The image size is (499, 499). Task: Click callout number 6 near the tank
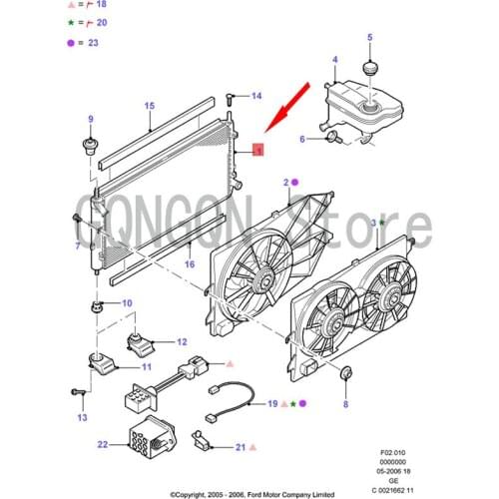tap(303, 140)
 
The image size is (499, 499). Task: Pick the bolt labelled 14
tap(232, 97)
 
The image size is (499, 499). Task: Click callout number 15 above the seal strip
tap(149, 106)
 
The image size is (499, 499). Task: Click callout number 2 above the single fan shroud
tap(286, 183)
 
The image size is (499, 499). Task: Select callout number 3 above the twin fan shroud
tap(373, 222)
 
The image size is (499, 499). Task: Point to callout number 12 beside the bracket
tap(182, 341)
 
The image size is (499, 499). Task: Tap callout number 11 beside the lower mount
tap(146, 366)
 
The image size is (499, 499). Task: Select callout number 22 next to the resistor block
tap(103, 443)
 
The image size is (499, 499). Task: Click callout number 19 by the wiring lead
tap(271, 403)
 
